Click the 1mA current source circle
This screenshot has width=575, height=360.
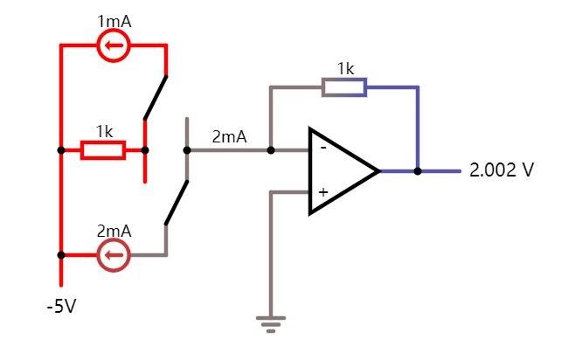(113, 45)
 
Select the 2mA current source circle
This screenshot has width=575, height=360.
(113, 255)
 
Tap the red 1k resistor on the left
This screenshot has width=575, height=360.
(103, 150)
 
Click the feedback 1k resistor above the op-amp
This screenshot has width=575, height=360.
(344, 87)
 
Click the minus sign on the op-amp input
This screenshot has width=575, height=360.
(322, 148)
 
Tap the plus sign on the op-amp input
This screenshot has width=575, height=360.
(322, 192)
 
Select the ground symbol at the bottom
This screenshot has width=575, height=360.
(271, 324)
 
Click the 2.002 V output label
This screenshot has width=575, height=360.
(501, 170)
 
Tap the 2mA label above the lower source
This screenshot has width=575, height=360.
(114, 232)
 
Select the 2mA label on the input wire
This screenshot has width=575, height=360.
(229, 137)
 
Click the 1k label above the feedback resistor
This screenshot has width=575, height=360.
(345, 68)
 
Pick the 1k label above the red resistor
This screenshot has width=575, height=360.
(104, 132)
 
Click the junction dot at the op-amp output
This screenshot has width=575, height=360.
(418, 171)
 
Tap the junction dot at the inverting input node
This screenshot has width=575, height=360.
(271, 150)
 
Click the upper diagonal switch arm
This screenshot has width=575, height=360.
(156, 97)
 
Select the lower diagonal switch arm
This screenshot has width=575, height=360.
(177, 203)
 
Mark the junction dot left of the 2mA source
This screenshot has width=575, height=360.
(60, 255)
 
